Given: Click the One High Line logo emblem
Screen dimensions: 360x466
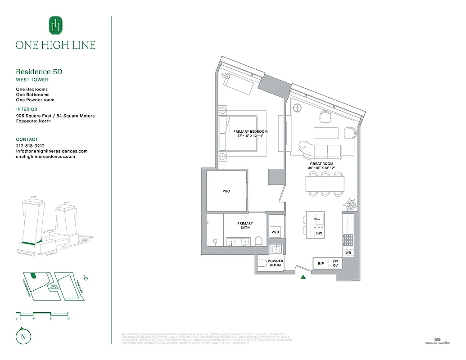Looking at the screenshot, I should tap(55, 26).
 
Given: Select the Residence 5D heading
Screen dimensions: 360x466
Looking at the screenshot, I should tap(36, 72).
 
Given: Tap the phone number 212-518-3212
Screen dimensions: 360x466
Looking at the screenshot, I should tap(30, 146).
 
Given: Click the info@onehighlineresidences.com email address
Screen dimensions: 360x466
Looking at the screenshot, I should tap(51, 151).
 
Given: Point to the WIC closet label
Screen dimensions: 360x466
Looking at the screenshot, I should tap(226, 191).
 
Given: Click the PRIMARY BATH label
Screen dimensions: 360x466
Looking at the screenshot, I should tap(245, 225).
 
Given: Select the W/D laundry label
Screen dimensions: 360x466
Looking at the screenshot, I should tap(275, 232).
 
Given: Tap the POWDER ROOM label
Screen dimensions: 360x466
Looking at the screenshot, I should tap(275, 263).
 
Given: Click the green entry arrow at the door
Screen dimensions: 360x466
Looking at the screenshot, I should tap(303, 277).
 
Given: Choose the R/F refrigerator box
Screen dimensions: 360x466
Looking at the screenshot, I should tap(321, 263).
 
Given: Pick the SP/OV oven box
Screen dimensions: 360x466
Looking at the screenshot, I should tap(335, 263).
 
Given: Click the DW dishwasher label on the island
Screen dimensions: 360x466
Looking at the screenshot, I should tap(319, 233).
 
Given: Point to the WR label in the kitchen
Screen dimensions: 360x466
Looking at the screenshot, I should tap(348, 253).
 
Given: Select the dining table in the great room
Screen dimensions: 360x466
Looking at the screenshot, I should tap(325, 184).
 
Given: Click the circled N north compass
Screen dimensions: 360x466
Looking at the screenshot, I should tap(23, 337).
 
